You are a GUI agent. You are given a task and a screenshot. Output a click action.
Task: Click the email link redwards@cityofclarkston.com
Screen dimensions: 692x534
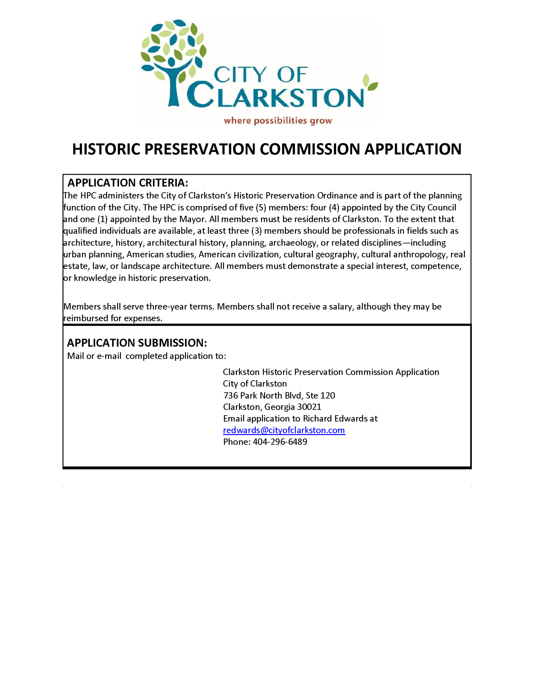(284, 430)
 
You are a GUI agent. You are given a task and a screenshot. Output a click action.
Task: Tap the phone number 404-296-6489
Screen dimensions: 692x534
(280, 442)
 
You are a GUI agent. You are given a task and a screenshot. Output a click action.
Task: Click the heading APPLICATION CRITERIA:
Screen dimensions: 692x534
(128, 183)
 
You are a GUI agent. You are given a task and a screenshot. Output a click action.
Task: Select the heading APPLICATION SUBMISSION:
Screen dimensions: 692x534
(137, 343)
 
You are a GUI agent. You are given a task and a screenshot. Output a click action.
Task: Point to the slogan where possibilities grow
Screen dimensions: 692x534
(278, 121)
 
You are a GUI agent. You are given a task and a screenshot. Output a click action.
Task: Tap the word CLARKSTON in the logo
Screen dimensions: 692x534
(275, 95)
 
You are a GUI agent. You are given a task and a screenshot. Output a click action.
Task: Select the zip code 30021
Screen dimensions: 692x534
(309, 407)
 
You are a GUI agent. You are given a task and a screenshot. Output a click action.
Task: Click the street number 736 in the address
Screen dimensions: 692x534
(230, 395)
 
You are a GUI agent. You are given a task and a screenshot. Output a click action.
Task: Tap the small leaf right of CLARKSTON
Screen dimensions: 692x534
(370, 82)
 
